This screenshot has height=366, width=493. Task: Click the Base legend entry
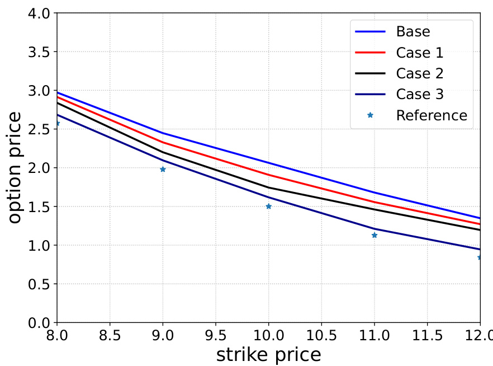(x=413, y=32)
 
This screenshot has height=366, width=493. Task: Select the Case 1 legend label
(x=420, y=53)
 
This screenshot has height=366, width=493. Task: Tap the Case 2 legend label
(x=420, y=73)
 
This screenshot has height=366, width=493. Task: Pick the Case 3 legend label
(x=420, y=95)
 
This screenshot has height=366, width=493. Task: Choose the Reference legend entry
(x=431, y=115)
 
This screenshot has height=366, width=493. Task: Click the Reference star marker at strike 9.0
(x=163, y=169)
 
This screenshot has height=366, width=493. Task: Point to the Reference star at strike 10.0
(x=268, y=207)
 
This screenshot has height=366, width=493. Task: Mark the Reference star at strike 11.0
(x=375, y=235)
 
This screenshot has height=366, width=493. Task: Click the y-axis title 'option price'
(x=15, y=168)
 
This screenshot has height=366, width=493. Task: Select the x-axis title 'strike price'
(x=268, y=354)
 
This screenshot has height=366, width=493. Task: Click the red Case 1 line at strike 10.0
(x=268, y=175)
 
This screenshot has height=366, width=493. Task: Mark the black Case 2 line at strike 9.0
(x=163, y=152)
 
